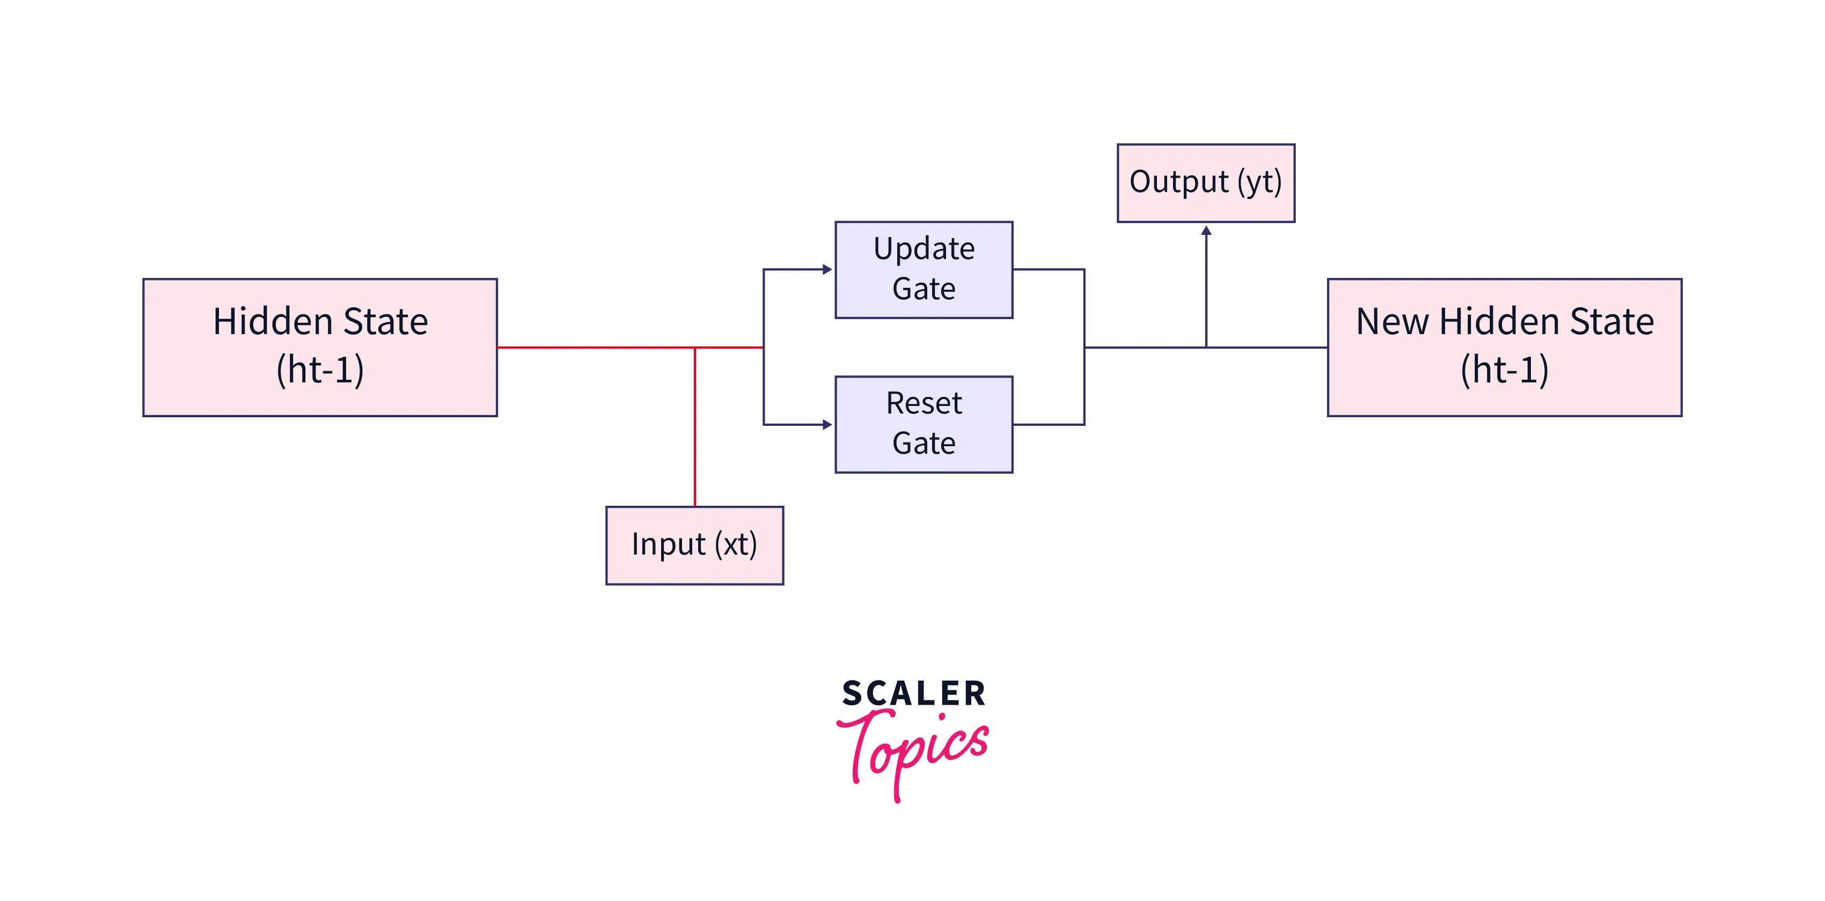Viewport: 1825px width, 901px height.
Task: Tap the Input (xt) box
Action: [x=694, y=545]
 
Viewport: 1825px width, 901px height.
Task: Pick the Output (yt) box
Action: [x=1205, y=183]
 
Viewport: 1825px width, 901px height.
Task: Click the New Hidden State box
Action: [x=1504, y=347]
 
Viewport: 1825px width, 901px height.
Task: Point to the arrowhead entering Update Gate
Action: [x=827, y=269]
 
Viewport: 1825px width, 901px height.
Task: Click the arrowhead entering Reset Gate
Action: [x=827, y=424]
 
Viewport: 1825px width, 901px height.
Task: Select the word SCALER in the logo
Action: [x=913, y=693]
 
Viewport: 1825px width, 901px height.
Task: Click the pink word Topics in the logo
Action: [x=913, y=751]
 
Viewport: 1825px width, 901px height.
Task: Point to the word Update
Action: [x=924, y=249]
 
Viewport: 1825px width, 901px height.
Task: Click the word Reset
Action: [x=924, y=404]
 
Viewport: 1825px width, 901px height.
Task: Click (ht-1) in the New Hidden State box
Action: [x=1504, y=370]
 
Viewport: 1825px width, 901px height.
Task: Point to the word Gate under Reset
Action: [x=924, y=444]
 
